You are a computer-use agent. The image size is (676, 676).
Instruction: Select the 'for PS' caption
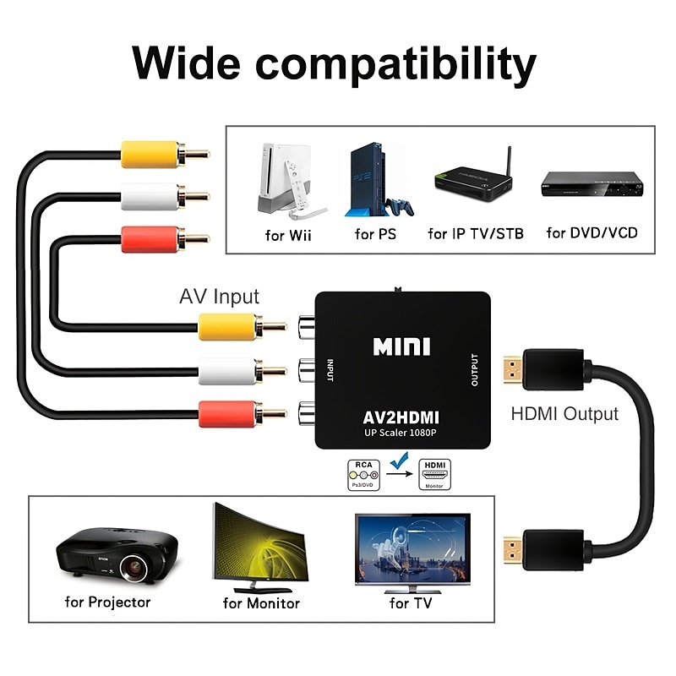click(375, 234)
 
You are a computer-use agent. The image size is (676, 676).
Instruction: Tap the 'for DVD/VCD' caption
click(591, 233)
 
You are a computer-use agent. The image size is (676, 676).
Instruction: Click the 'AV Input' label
click(219, 297)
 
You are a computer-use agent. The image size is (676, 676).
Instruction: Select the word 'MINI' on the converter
click(401, 346)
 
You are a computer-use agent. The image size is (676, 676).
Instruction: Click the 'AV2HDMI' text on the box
click(401, 417)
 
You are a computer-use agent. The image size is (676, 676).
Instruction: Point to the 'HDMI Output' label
click(564, 414)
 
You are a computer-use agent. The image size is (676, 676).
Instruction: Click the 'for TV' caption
click(411, 603)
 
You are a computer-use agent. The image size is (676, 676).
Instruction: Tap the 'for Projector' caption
click(107, 602)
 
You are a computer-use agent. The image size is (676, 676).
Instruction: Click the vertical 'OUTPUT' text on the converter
click(474, 369)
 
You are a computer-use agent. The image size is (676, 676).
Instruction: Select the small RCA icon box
click(362, 474)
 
